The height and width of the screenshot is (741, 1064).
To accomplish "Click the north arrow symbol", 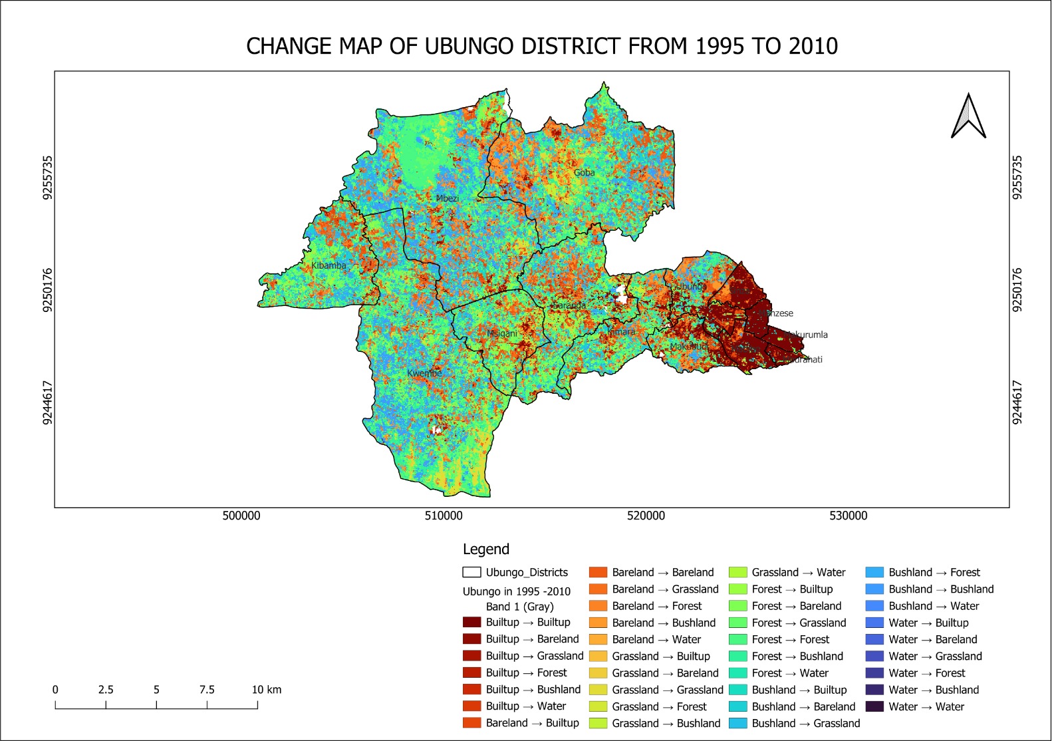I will click(968, 116).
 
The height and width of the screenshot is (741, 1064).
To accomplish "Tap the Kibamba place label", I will click(329, 265).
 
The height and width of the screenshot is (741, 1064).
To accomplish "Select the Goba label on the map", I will click(585, 173).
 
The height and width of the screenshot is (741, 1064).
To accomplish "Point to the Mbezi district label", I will click(448, 198).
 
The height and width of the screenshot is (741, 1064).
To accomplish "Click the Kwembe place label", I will click(424, 373).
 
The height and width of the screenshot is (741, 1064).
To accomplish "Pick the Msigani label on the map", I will click(502, 333).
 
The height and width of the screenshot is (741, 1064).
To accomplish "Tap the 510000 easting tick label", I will click(444, 516).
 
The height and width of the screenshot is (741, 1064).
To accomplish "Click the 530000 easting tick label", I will click(849, 516).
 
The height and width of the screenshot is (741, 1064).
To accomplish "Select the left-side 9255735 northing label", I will click(47, 178).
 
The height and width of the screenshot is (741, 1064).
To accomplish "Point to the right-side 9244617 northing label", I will click(1017, 402).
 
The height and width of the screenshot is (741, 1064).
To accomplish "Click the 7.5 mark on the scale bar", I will click(207, 690).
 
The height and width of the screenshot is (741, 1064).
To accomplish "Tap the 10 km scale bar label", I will click(266, 690).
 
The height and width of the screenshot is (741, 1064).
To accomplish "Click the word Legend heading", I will click(486, 549).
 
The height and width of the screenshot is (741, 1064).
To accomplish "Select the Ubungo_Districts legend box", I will click(471, 572).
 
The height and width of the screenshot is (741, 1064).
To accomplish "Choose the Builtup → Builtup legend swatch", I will click(471, 623).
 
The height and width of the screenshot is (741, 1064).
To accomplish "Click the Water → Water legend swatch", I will click(874, 706).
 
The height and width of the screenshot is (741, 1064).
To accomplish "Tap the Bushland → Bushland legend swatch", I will click(874, 589).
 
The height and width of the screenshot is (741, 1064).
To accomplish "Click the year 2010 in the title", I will click(813, 46).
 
